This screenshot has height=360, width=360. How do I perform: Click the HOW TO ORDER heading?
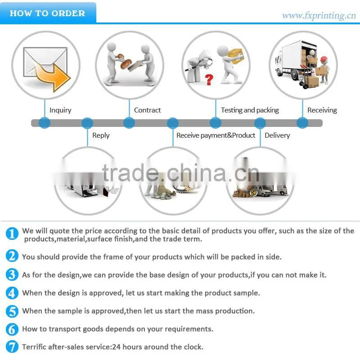47,13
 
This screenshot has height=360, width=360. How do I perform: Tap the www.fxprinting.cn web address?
319,16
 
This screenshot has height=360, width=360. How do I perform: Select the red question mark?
209,80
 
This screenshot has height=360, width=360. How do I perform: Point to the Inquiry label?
60,110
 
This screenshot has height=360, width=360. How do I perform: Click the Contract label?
148,110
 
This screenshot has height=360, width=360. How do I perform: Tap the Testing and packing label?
250,110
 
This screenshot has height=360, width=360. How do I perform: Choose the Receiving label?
322,110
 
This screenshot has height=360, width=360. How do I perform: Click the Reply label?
101,135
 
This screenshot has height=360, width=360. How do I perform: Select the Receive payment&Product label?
216,135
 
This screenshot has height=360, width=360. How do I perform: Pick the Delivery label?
277,135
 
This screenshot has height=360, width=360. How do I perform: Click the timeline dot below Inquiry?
45,123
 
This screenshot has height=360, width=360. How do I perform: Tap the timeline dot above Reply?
87,123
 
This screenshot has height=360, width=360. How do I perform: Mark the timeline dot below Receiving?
302,122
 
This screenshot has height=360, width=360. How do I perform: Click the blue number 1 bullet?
12,234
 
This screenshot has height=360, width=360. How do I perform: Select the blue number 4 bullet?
12,293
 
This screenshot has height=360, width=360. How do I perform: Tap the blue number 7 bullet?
12,346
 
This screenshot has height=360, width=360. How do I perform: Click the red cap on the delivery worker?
324,59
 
